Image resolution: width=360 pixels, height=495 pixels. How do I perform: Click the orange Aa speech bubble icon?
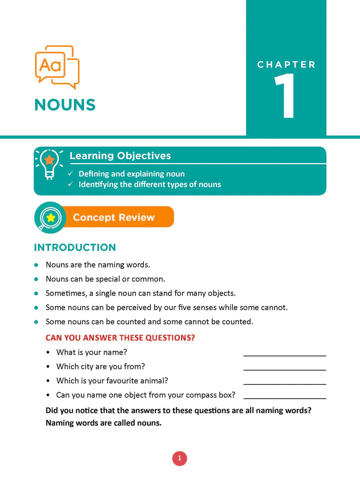click(x=57, y=67)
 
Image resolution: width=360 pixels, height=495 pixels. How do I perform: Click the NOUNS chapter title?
click(x=65, y=105)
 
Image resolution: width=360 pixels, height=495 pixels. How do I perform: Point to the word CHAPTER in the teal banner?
click(x=286, y=65)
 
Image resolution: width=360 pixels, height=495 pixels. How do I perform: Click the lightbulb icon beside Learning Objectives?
click(x=49, y=164)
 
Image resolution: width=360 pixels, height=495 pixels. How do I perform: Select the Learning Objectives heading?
click(x=120, y=156)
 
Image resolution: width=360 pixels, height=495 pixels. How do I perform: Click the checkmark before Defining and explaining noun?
click(x=71, y=173)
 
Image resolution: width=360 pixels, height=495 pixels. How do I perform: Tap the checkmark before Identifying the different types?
click(x=71, y=184)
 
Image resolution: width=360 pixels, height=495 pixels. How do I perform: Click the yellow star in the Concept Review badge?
click(x=51, y=218)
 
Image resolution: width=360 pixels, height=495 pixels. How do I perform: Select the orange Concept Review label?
click(x=114, y=217)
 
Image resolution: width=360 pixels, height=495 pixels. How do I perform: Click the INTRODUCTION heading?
click(x=75, y=247)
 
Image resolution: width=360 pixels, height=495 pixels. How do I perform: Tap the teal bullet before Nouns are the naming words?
click(x=36, y=265)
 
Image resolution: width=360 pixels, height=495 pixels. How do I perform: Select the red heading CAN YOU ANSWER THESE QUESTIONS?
click(x=120, y=338)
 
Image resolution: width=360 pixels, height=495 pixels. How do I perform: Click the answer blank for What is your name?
click(x=284, y=353)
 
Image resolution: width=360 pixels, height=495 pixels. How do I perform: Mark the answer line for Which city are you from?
click(x=284, y=367)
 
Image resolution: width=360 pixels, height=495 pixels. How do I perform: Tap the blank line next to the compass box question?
click(x=284, y=396)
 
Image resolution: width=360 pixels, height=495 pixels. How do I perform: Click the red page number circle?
click(x=180, y=458)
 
